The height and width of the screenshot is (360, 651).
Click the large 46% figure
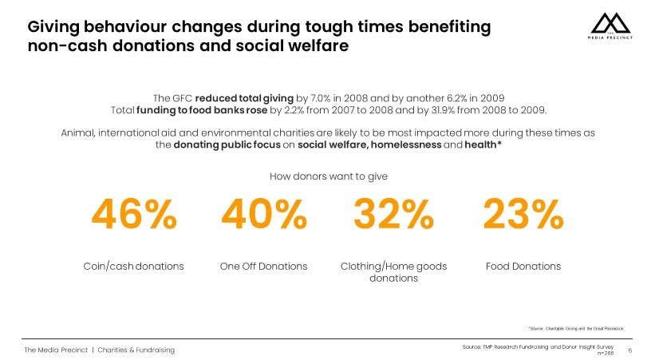pos(134,214)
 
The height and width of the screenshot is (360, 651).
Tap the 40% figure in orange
pos(264,214)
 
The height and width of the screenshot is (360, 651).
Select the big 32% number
pos(393,214)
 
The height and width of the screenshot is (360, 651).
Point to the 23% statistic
pos(523,214)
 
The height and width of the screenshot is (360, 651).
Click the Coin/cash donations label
pos(134,266)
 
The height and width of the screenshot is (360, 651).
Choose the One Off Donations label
pos(264,266)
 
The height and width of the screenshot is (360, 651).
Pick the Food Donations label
pos(523,266)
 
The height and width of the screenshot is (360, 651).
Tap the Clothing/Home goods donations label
pos(393,272)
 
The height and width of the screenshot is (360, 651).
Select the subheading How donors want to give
pos(329,176)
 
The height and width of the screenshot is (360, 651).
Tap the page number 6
pos(630,350)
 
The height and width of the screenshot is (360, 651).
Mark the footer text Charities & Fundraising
pos(136,350)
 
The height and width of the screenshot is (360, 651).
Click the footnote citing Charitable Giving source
pos(576,328)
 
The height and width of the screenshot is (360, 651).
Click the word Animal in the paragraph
pos(77,133)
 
